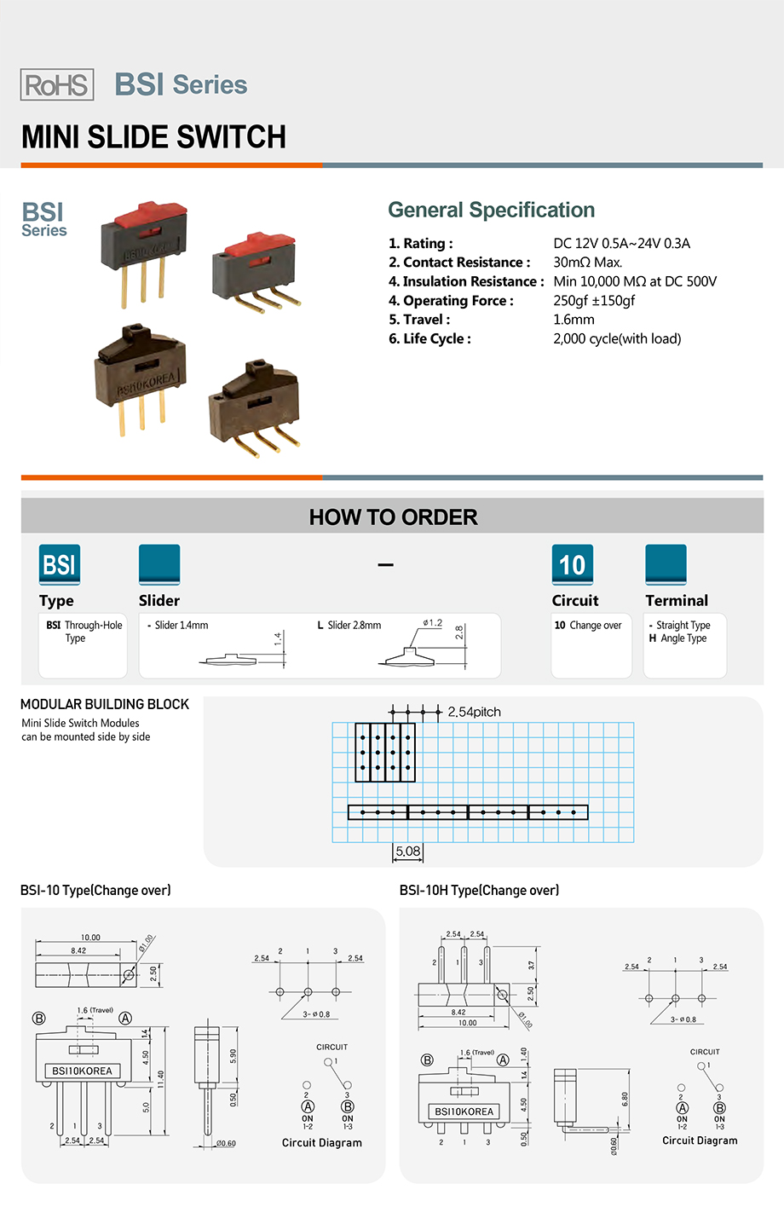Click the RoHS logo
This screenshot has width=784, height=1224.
click(57, 85)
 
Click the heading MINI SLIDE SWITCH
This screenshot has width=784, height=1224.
click(153, 137)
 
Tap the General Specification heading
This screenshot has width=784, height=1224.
click(491, 211)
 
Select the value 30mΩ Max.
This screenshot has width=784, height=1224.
click(587, 263)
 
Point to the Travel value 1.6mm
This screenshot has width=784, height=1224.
click(574, 320)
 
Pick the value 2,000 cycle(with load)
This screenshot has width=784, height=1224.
click(617, 339)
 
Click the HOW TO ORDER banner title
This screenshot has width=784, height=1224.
click(393, 517)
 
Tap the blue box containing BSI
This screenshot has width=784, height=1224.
click(60, 564)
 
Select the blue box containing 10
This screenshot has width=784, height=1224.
click(572, 564)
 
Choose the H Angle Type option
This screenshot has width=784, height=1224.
click(678, 638)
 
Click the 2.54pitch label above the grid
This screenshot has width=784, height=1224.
click(474, 712)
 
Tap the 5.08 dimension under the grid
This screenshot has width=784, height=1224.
click(407, 851)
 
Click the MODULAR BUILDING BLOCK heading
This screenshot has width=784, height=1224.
click(105, 704)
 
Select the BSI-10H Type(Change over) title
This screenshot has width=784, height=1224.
click(479, 890)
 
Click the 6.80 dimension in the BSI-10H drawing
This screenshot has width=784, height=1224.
click(625, 1100)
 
